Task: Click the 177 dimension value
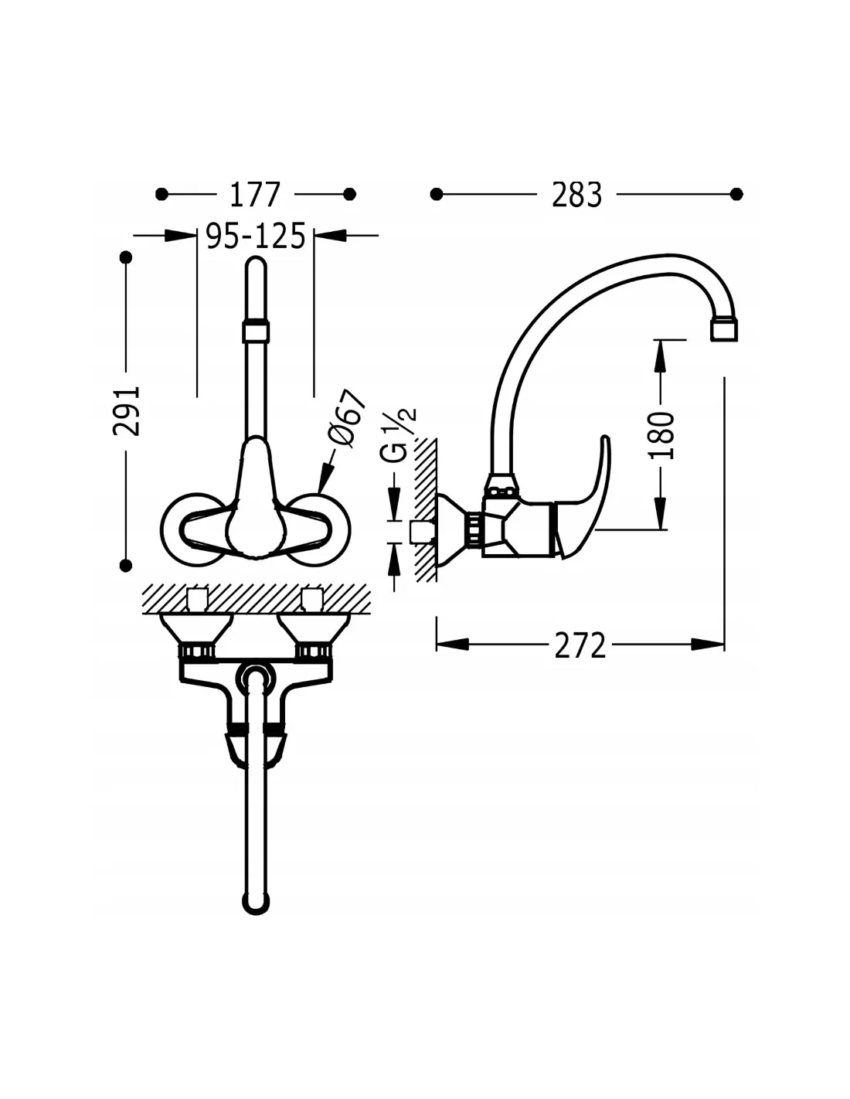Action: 255,194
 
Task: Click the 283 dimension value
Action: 576,195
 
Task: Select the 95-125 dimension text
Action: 256,236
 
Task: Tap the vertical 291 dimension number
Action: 126,410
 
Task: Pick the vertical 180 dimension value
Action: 661,435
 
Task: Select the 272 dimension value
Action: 580,645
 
